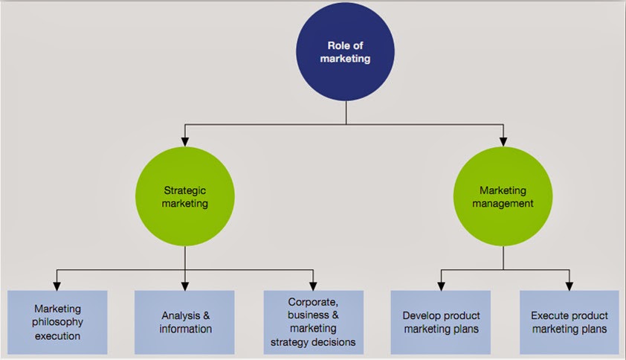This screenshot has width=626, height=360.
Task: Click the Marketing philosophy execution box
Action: pos(57,322)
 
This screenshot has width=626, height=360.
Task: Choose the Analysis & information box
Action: pos(186,322)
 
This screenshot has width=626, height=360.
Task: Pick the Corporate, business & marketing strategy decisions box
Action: pos(313,322)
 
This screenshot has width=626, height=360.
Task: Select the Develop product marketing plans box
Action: pos(441,322)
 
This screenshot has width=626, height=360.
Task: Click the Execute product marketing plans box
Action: pos(569,322)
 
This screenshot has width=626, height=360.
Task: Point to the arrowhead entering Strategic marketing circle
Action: pos(186,141)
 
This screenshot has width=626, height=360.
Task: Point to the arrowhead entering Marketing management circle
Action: pos(504,141)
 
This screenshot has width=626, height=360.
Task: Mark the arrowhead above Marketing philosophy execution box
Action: pos(57,286)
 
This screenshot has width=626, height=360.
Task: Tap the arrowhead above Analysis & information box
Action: pos(186,286)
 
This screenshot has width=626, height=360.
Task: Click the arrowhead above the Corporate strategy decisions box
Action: pos(313,286)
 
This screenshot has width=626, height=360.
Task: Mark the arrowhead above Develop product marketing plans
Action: pos(441,286)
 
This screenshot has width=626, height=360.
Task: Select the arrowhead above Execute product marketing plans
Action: pos(569,286)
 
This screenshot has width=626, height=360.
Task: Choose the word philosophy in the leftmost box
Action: pos(57,322)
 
